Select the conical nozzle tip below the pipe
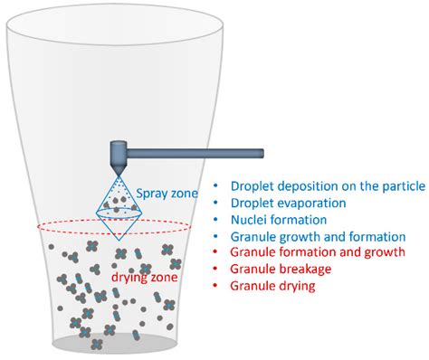point(119,169)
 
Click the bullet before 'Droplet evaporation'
point(216,204)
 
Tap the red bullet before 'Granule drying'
point(216,285)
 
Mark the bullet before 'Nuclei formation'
point(216,220)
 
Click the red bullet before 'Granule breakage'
point(216,269)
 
